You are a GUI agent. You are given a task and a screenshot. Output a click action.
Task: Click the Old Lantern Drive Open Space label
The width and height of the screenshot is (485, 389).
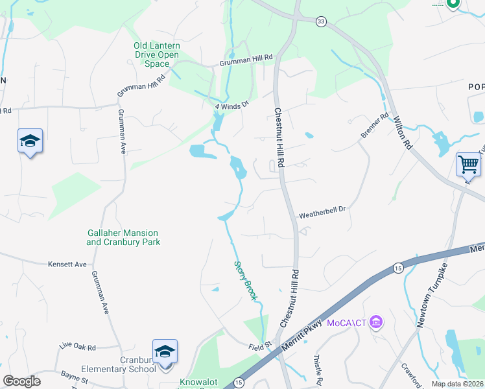point(156,55)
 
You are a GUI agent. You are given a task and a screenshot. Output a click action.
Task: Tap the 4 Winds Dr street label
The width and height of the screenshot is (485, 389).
point(232,104)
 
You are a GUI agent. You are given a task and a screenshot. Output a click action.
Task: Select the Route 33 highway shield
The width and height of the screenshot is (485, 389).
point(320,22)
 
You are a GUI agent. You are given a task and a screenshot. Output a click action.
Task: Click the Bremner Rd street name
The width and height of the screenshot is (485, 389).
point(375,126)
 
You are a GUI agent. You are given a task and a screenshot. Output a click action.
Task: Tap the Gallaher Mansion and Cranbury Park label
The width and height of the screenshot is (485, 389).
point(123,237)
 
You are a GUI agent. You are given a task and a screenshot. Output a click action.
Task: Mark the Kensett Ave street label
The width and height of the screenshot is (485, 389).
point(67,265)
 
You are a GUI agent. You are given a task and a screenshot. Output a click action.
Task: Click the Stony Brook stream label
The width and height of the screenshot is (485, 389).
point(245,281)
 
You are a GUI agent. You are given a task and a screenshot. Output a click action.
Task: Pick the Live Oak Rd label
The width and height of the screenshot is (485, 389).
point(78,348)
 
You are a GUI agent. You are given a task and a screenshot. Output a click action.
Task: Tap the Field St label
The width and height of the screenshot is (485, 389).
point(259,346)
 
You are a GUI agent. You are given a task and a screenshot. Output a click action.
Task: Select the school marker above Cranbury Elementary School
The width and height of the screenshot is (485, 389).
point(165,351)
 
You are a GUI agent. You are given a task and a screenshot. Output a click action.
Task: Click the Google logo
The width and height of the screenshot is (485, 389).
point(21,381)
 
